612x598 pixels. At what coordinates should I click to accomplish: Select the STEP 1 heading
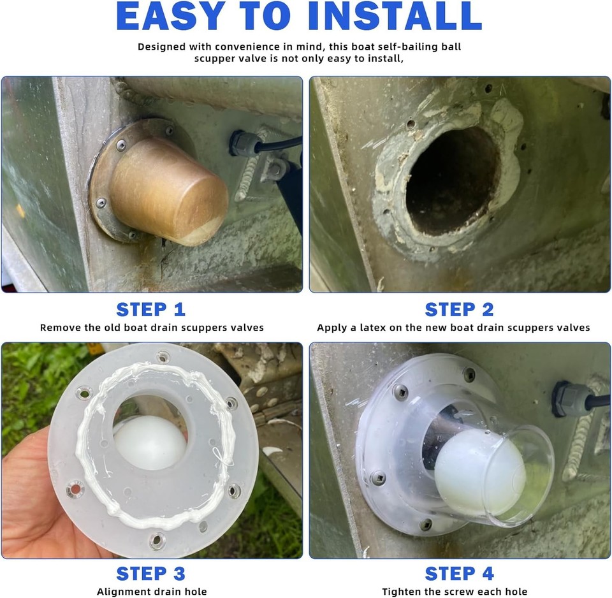click(150, 310)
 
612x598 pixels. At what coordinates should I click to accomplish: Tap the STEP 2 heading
click(459, 310)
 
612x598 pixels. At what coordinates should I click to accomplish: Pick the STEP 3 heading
click(150, 573)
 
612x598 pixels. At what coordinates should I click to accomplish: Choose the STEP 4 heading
click(459, 573)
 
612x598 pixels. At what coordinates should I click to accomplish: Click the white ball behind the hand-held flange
click(149, 441)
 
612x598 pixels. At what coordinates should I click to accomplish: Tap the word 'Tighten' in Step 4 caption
click(404, 592)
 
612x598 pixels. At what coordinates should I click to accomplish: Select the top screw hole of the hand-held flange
click(163, 357)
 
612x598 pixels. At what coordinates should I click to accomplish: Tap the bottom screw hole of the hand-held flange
click(157, 541)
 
